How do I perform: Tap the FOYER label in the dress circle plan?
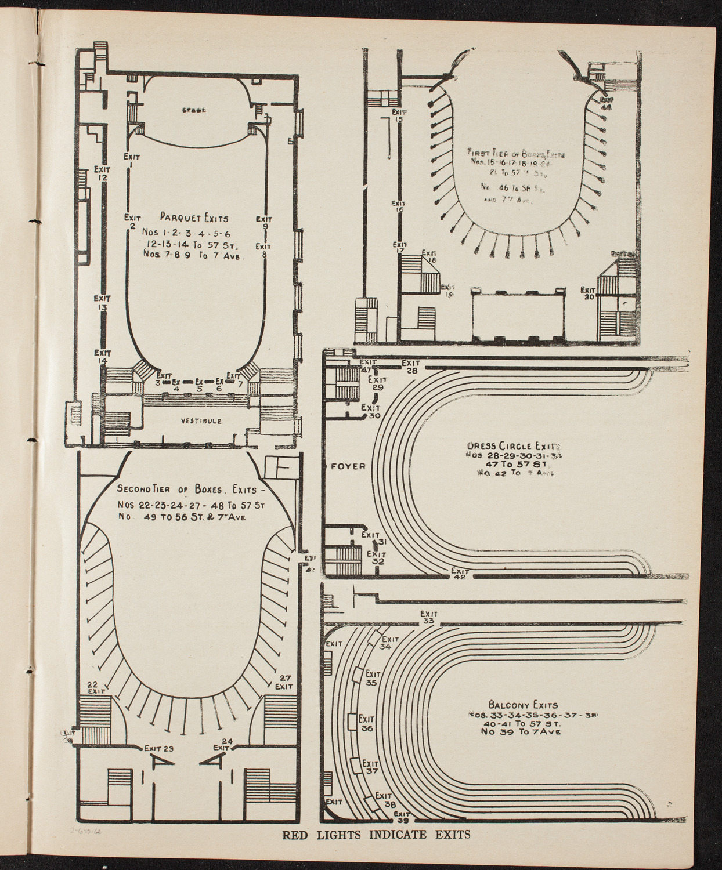click(x=348, y=466)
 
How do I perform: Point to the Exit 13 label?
click(x=102, y=303)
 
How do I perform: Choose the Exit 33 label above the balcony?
click(x=429, y=617)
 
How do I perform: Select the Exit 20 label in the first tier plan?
click(x=589, y=293)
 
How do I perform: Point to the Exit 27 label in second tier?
click(x=284, y=682)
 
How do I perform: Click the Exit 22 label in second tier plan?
click(x=95, y=686)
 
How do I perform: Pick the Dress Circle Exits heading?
click(x=513, y=447)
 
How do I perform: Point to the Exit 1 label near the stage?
click(x=130, y=160)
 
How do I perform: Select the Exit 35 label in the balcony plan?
click(x=372, y=679)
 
